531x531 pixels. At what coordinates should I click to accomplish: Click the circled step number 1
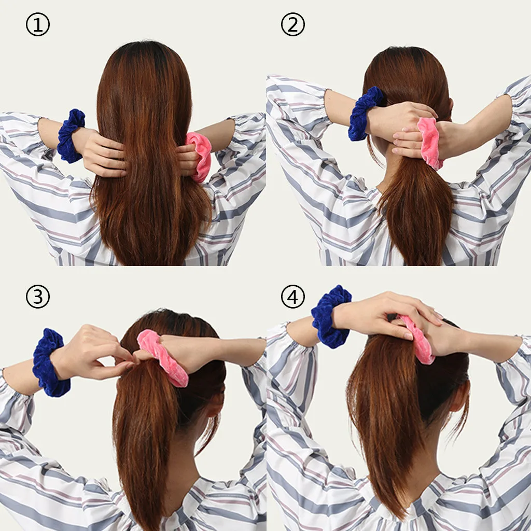(x=38, y=25)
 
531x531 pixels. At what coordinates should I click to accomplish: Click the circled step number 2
(x=293, y=25)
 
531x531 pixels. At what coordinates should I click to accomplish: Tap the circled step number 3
(x=38, y=297)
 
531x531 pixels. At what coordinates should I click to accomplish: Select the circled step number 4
(x=293, y=297)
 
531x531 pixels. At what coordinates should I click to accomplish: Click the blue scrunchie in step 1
(x=69, y=136)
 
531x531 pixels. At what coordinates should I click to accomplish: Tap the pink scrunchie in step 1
(x=201, y=156)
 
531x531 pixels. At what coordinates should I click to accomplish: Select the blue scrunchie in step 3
(x=49, y=362)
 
